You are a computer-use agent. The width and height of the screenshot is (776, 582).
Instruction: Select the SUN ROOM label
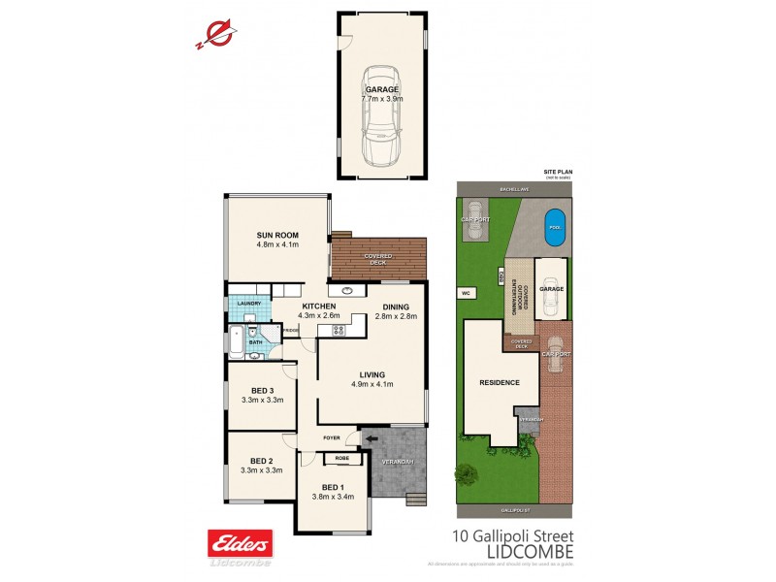277,236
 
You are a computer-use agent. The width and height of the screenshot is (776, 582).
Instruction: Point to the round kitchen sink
345,290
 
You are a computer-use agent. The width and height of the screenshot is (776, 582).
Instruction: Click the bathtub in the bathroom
235,342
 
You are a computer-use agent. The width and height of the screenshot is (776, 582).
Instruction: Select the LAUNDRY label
248,304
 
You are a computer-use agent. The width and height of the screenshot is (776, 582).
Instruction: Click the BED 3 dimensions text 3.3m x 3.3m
261,400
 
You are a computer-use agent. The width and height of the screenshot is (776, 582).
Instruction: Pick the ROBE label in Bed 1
341,458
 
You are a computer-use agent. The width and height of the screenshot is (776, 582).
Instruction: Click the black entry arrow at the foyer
371,439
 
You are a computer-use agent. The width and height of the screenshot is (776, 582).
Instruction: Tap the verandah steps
415,500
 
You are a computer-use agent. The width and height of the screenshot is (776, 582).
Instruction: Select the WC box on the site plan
464,291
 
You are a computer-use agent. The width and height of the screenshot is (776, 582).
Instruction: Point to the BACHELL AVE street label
513,189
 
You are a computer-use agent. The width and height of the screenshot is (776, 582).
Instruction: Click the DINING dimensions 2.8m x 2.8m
396,316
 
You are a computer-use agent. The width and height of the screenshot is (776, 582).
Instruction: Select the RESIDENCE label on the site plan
500,382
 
